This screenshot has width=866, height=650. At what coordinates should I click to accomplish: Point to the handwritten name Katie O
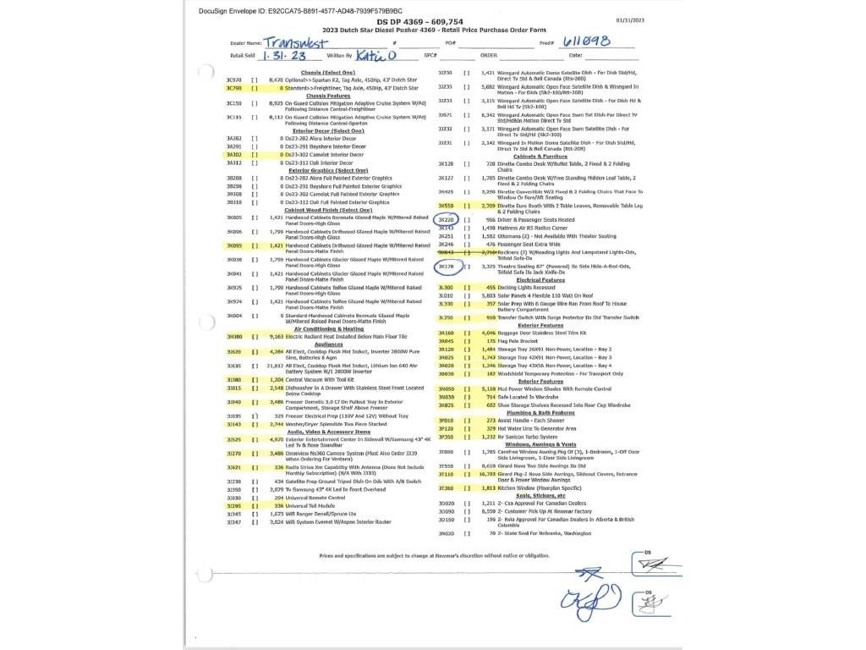[375, 56]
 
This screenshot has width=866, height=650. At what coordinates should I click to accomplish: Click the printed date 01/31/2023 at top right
[630, 20]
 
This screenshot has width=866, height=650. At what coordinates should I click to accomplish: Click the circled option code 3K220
[446, 220]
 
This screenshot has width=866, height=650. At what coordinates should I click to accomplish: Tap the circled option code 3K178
[446, 266]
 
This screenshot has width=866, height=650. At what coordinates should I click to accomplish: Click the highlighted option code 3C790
[234, 88]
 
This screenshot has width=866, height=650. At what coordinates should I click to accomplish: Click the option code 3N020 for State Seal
[446, 534]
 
